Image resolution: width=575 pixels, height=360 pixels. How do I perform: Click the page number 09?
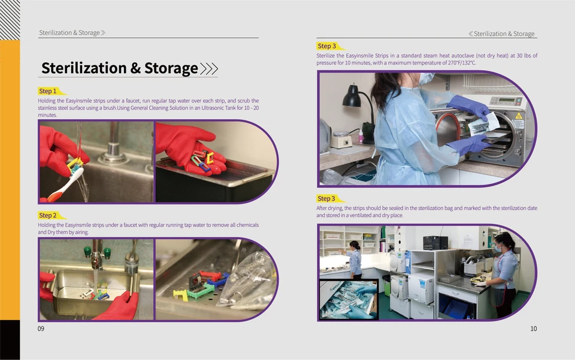[41, 328]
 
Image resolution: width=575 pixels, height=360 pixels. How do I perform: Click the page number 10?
[533, 328]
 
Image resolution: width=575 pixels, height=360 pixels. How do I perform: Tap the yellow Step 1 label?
[48, 91]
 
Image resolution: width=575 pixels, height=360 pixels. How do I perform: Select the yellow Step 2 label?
[48, 215]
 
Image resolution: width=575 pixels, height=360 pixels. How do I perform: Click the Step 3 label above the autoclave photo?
[327, 46]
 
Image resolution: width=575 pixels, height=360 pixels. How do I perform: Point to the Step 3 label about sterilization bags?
[327, 198]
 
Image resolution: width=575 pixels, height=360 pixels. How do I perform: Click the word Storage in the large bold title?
[171, 68]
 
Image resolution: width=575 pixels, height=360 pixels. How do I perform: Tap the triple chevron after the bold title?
[209, 68]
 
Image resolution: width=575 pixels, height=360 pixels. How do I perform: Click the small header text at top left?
[69, 32]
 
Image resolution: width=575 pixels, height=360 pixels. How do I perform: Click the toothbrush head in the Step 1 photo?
[76, 174]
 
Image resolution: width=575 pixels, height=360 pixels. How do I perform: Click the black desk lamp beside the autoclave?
[352, 98]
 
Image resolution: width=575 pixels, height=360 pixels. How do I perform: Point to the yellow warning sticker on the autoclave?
[518, 123]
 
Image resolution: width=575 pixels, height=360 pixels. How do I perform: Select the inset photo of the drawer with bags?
[349, 299]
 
